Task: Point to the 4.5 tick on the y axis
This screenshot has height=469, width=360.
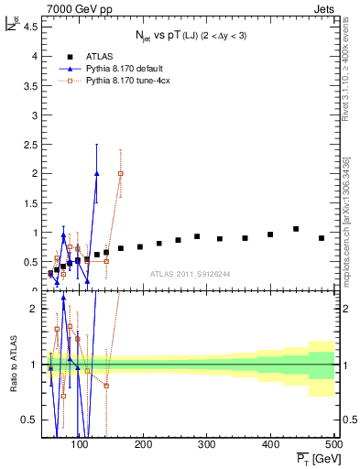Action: point(32,27)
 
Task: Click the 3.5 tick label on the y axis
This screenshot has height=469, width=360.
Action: point(32,85)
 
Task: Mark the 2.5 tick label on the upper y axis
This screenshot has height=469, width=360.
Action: point(32,144)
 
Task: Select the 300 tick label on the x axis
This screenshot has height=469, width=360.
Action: point(207,445)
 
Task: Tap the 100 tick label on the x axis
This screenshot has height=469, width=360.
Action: point(81,445)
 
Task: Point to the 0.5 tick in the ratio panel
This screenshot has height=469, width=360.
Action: point(32,420)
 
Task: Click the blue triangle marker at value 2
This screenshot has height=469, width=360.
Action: point(97,173)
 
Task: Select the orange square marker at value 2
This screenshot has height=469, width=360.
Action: point(121,173)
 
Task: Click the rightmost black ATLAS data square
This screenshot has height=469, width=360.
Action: point(322,238)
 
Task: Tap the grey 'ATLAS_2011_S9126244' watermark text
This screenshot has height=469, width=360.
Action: point(190,273)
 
